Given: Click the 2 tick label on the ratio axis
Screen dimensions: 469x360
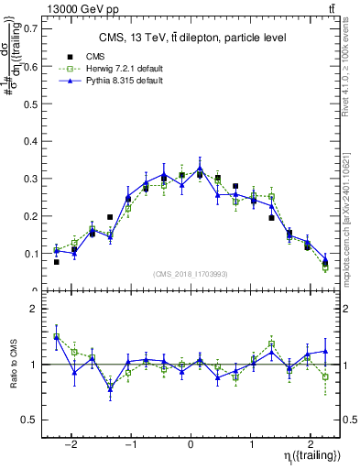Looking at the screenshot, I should point(32,310).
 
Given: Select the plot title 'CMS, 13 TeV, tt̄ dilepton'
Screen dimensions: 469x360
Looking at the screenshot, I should point(192,38).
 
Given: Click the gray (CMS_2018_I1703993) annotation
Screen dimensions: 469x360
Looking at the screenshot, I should point(191,274).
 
